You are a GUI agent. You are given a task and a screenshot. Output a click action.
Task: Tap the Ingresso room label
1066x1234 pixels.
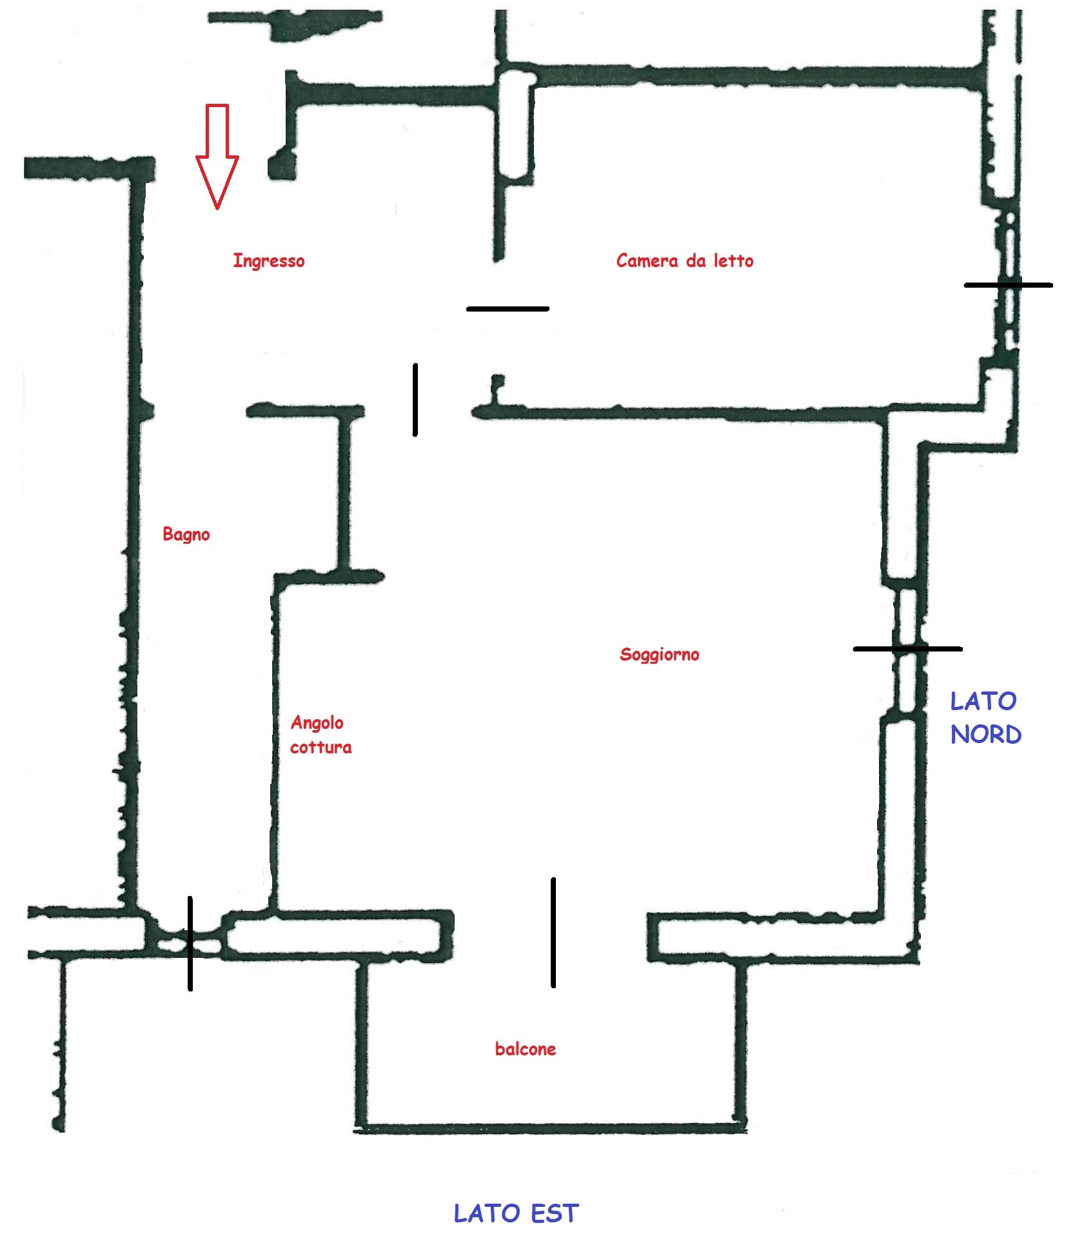tap(269, 261)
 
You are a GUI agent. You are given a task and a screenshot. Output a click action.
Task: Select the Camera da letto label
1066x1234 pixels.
tap(685, 261)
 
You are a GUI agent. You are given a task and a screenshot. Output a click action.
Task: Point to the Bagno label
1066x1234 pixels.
tap(186, 535)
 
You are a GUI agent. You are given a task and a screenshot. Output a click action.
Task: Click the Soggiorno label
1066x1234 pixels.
tap(659, 655)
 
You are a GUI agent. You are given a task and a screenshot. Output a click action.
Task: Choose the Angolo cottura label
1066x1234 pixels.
tap(321, 735)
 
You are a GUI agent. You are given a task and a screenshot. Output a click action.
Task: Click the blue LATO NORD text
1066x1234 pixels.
tap(985, 718)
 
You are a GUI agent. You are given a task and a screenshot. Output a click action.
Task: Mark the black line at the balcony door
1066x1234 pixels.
tap(553, 932)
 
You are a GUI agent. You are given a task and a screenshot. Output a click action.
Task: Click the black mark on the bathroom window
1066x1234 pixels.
tap(190, 943)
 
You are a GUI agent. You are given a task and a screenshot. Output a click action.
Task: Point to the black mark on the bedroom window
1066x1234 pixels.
tap(1008, 284)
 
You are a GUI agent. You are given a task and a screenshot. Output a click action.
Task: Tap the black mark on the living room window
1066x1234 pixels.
tap(907, 648)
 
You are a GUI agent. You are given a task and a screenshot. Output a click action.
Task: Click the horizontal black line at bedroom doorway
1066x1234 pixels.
tap(508, 309)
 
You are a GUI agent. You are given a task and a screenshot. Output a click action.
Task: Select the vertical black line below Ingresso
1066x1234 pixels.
tap(415, 400)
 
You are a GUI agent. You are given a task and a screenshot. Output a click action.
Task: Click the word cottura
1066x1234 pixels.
tap(321, 748)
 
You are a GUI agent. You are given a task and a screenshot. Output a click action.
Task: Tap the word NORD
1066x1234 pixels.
tap(986, 735)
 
